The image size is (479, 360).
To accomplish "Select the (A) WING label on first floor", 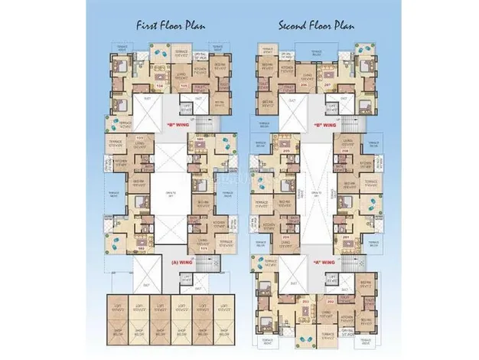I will tap(178, 261).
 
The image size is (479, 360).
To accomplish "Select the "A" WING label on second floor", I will tap(322, 261).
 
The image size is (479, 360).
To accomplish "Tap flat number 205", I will tap(287, 151).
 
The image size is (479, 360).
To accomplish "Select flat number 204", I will tap(286, 237).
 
